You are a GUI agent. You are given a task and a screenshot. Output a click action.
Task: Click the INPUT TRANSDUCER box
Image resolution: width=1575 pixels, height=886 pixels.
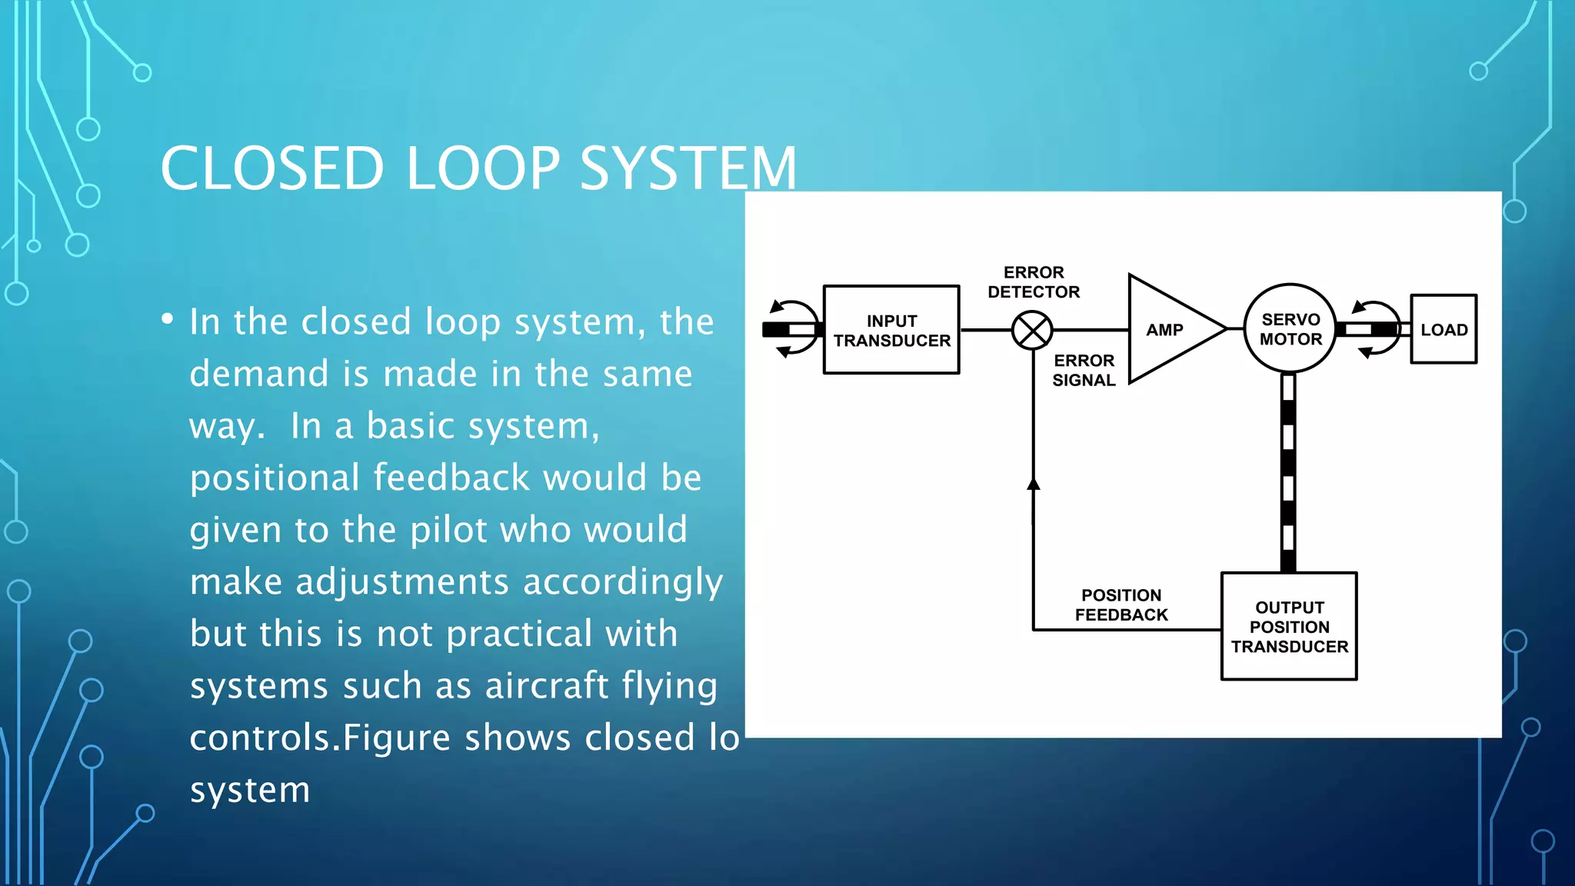pos(891,330)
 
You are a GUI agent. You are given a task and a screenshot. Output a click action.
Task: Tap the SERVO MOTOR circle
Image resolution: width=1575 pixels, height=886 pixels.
pos(1290,329)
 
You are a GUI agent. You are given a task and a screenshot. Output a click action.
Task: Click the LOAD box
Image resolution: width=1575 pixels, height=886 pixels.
pos(1443,329)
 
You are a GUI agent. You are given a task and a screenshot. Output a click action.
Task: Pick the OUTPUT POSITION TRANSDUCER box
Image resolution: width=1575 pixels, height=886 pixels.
pos(1289,626)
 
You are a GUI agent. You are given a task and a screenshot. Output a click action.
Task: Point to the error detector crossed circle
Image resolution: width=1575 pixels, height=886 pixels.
pos(1032,331)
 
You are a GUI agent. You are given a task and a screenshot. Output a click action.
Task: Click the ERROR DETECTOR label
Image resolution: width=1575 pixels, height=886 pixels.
pos(1034,282)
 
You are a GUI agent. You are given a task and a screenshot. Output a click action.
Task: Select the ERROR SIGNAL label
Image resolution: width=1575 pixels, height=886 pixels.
pos(1084,370)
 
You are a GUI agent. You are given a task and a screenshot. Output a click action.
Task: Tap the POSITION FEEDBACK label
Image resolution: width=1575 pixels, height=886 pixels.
pos(1121,605)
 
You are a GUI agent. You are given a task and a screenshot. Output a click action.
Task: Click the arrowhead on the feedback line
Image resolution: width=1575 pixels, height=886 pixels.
pos(1034,484)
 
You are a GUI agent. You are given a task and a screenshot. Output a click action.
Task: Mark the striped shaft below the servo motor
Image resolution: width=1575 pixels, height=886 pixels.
pos(1288,472)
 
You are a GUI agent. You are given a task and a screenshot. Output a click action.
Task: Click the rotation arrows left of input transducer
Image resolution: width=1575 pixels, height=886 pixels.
pos(794,329)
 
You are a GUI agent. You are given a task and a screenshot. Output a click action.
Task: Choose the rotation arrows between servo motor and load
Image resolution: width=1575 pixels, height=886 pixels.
pos(1376,329)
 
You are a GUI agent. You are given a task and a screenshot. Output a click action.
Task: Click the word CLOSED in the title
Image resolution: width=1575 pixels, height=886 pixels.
pos(272,168)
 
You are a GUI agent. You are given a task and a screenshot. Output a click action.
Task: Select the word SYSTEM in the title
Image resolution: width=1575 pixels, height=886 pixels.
pos(688,168)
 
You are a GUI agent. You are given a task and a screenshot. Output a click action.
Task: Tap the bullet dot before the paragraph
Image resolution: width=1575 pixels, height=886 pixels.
pos(168,320)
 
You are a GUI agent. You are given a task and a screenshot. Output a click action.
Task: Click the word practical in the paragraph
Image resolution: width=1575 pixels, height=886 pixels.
pos(519,635)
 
